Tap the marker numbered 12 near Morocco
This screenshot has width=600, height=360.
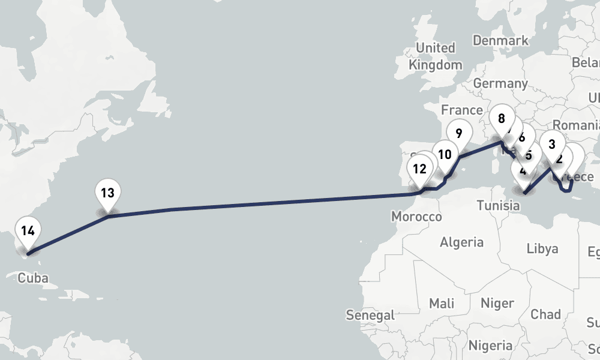(x=419, y=170)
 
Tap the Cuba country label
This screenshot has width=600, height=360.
(x=33, y=278)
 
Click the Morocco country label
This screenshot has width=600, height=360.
(x=416, y=216)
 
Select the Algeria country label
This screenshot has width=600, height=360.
(x=461, y=242)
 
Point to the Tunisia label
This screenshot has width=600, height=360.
(x=498, y=206)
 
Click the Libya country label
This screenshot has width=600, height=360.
(x=542, y=248)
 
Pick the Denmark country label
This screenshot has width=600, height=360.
(x=500, y=40)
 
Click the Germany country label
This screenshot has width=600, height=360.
(x=500, y=83)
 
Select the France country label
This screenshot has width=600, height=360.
(x=461, y=110)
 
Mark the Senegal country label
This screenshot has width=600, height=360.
(x=370, y=314)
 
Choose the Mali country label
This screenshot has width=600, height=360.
(x=442, y=303)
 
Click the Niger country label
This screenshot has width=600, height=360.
(x=497, y=303)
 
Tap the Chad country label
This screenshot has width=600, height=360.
(x=545, y=314)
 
